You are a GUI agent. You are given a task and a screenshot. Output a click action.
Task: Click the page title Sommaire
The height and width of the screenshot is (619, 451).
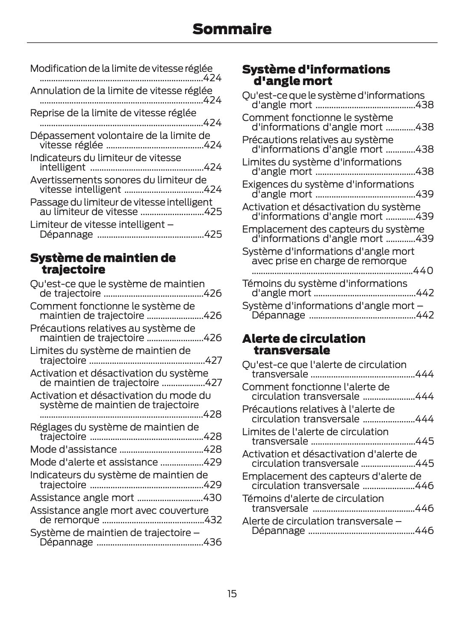click(x=232, y=29)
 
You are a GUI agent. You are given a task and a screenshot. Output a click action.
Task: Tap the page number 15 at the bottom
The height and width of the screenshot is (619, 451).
click(x=232, y=594)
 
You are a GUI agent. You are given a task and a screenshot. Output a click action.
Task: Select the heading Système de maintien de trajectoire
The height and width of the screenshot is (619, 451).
click(x=103, y=264)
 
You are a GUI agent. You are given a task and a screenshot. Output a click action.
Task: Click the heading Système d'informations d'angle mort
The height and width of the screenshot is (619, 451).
click(x=315, y=75)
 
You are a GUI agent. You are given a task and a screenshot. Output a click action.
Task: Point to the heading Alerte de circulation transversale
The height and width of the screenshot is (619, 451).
click(x=304, y=345)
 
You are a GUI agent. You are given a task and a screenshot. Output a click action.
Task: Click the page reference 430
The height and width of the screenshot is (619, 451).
click(x=212, y=498)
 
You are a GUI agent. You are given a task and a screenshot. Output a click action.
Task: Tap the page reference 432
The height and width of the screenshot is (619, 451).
click(x=213, y=520)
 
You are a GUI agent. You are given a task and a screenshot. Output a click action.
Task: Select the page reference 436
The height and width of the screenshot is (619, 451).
click(x=212, y=542)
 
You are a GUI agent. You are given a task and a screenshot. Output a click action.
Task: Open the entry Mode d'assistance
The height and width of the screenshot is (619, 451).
click(x=74, y=449)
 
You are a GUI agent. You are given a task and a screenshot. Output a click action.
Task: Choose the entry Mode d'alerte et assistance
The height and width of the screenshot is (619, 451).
click(x=94, y=462)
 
